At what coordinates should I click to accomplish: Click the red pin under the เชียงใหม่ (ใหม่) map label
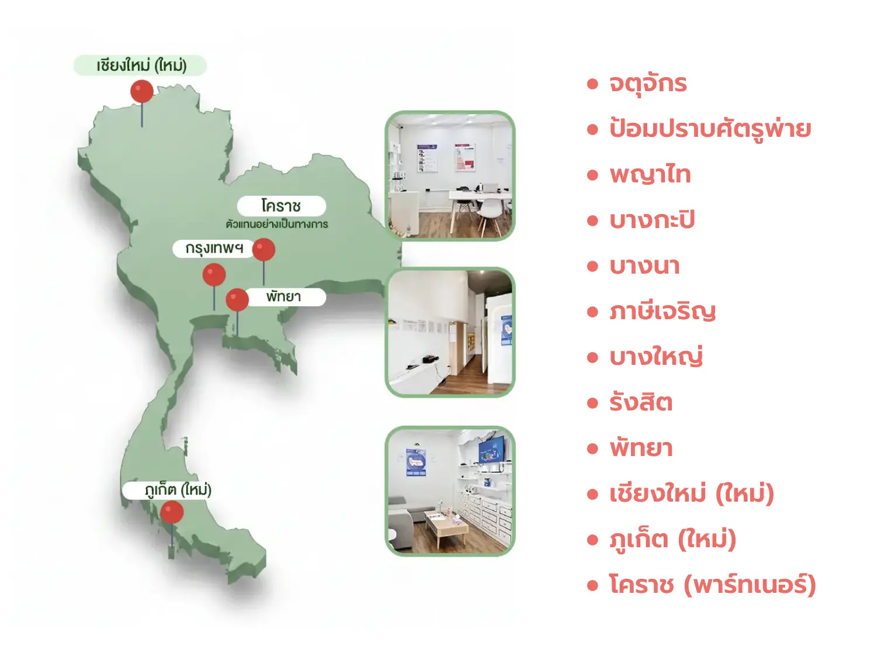tap(142, 91)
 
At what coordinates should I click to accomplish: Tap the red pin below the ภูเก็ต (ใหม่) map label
tap(172, 512)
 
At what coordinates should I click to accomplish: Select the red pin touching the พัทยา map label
tap(237, 300)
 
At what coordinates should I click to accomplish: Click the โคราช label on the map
tap(281, 206)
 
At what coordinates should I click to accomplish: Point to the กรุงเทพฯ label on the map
tap(214, 248)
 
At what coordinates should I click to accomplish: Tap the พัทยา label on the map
tap(283, 296)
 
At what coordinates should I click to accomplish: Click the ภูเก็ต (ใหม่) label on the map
tap(178, 490)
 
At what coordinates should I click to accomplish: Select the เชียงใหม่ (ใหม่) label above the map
tap(141, 65)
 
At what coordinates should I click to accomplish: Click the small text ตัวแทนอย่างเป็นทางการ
tap(277, 225)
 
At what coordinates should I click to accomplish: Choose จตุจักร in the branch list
tap(648, 84)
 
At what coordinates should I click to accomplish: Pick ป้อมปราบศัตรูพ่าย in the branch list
tap(710, 129)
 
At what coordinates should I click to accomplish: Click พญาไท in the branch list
tap(650, 175)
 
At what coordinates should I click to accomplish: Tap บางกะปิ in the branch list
tap(652, 220)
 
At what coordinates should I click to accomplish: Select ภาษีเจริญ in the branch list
tap(663, 311)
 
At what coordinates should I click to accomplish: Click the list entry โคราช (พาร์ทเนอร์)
tap(713, 585)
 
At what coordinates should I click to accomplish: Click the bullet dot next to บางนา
tap(592, 266)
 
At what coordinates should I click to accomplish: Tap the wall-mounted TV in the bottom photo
tap(492, 449)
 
